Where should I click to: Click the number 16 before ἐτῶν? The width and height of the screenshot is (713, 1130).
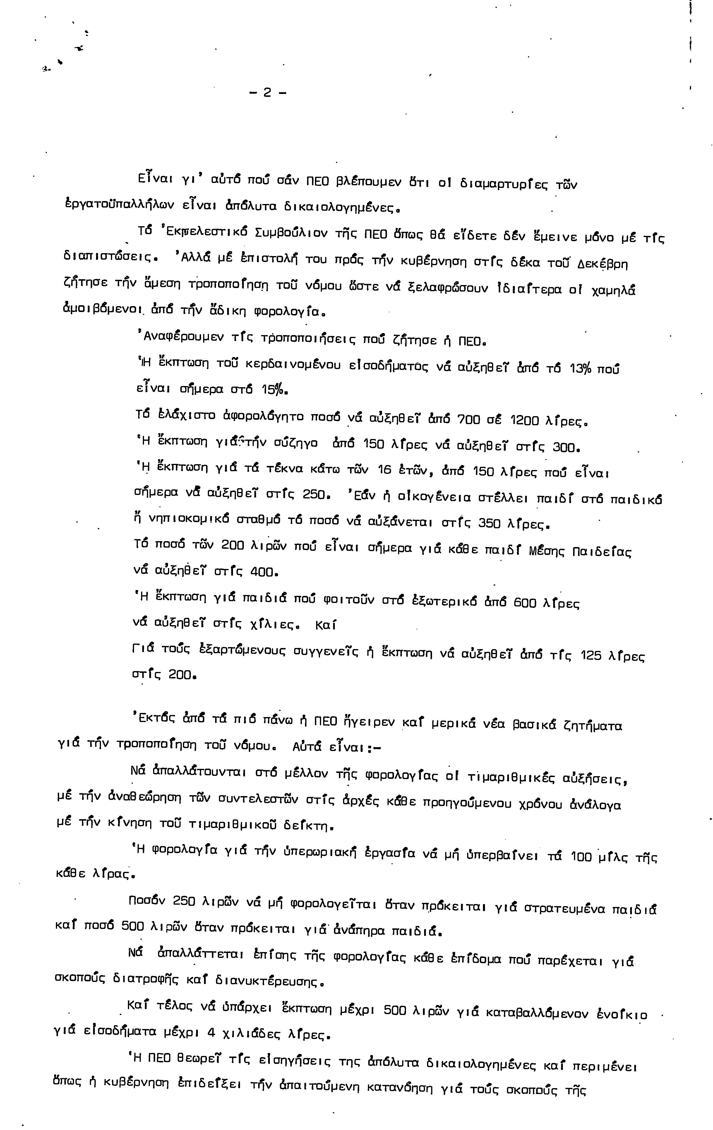[x=384, y=470]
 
